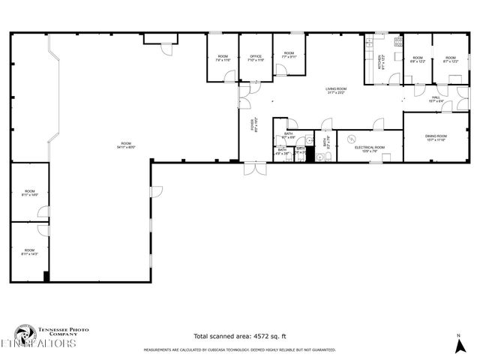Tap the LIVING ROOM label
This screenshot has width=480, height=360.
(334, 91)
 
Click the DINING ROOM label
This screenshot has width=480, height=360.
(436, 137)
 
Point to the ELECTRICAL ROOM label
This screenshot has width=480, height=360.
(369, 148)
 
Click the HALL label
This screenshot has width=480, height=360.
(436, 98)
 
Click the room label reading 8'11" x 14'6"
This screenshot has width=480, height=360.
(29, 193)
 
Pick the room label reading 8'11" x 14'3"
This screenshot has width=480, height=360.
(29, 252)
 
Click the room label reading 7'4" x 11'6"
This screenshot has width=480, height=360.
(223, 58)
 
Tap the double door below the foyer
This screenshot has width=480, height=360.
(255, 168)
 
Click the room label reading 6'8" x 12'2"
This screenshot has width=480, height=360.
(417, 59)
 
